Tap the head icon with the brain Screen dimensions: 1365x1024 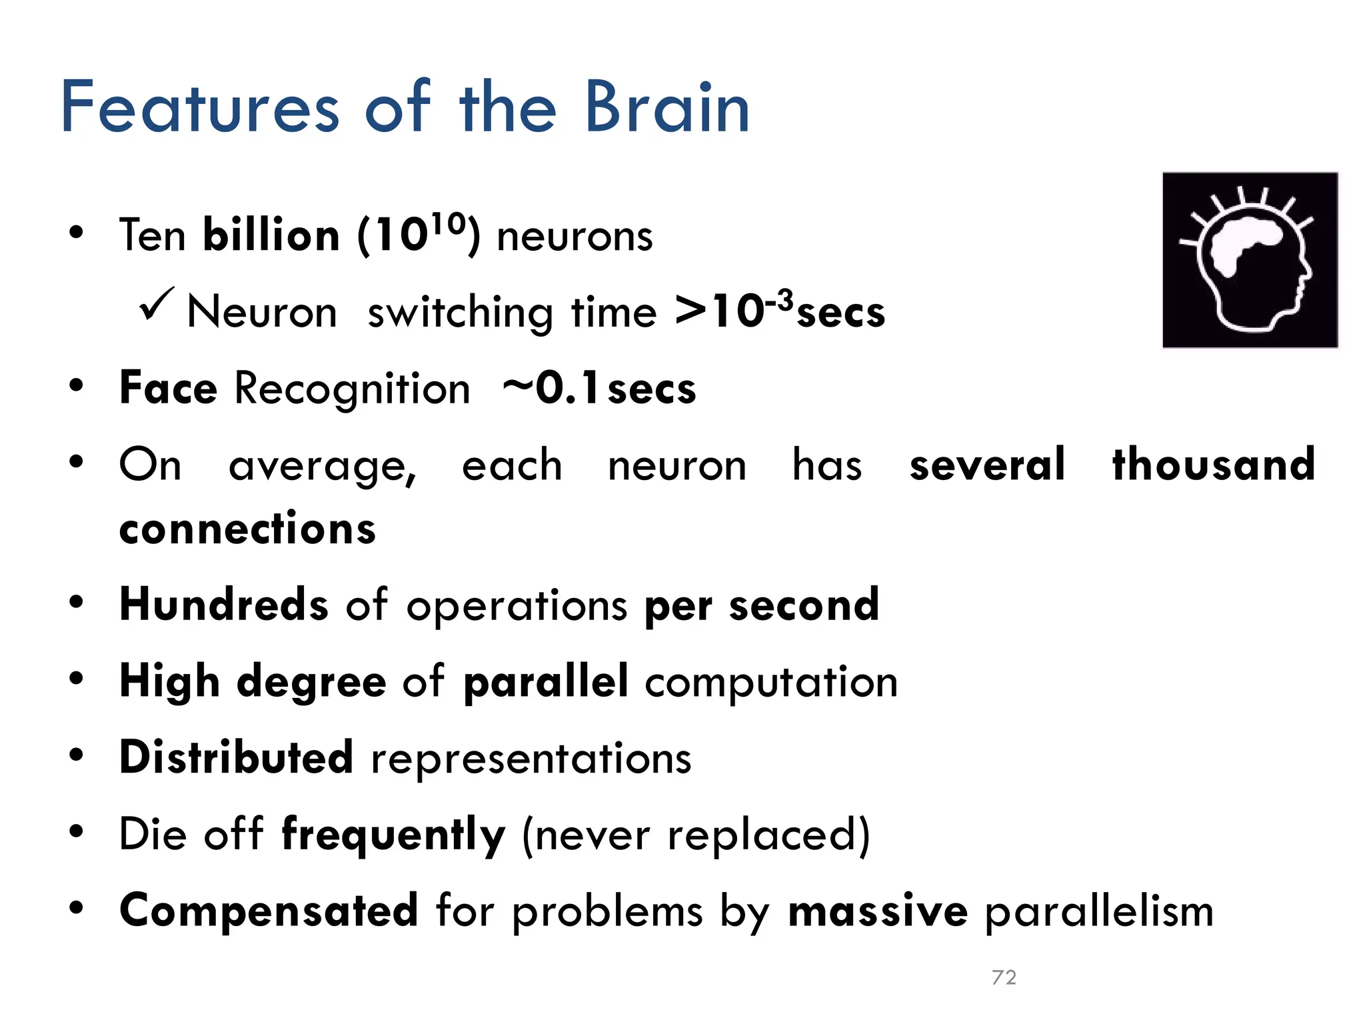coord(1250,260)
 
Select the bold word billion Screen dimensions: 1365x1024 coord(271,236)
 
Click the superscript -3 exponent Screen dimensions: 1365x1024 coord(779,300)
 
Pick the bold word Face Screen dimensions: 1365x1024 coord(168,388)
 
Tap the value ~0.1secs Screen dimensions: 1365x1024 coord(599,388)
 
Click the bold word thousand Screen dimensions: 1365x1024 coord(1214,464)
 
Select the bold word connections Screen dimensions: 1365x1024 coord(247,529)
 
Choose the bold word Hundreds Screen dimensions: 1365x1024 coord(224,604)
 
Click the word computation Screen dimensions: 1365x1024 coord(771,681)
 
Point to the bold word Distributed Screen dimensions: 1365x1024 coord(236,757)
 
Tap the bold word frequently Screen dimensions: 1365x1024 coord(393,835)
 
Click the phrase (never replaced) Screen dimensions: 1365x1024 coord(696,835)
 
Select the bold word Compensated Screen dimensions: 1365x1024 coord(269,911)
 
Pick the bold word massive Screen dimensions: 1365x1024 coord(877,911)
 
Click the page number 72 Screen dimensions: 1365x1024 coord(1004,977)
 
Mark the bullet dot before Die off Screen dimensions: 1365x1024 coord(77,831)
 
